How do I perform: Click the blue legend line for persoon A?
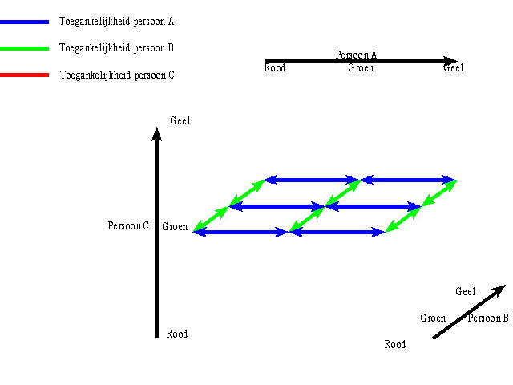(x=25, y=22)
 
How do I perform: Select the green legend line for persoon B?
(x=25, y=50)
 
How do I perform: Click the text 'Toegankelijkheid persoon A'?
(x=117, y=22)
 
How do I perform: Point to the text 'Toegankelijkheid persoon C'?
(x=117, y=76)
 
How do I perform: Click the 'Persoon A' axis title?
(x=356, y=55)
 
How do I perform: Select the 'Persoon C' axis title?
(x=128, y=226)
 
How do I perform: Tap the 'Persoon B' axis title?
(x=488, y=318)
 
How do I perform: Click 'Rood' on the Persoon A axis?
(x=275, y=68)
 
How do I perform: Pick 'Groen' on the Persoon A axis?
(x=361, y=68)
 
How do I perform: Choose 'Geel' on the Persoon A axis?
(x=453, y=68)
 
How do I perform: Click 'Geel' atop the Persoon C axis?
(x=180, y=121)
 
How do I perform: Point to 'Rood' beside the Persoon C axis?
(x=176, y=334)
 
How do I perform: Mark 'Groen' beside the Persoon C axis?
(x=175, y=227)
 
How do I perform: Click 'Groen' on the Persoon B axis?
(x=433, y=318)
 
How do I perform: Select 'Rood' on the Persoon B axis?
(x=395, y=345)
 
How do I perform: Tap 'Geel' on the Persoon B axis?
(x=466, y=292)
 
